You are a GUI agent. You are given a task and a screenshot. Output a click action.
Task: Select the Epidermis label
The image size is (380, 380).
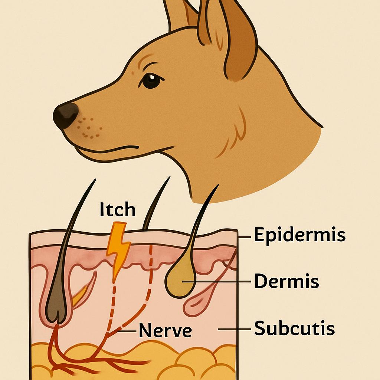point(299,235)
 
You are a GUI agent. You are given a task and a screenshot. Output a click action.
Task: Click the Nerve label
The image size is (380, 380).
point(165,330)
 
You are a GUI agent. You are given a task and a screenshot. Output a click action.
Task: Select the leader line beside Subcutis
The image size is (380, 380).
point(235,330)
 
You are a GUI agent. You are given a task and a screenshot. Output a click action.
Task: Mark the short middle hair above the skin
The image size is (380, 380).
point(155,203)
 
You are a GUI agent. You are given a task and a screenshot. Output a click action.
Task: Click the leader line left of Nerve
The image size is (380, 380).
point(127,331)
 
